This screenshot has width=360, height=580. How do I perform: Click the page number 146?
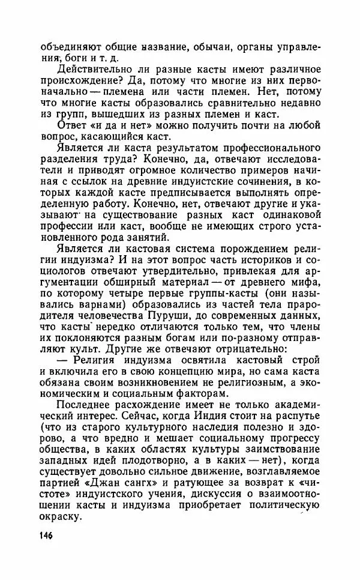tap(52, 534)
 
